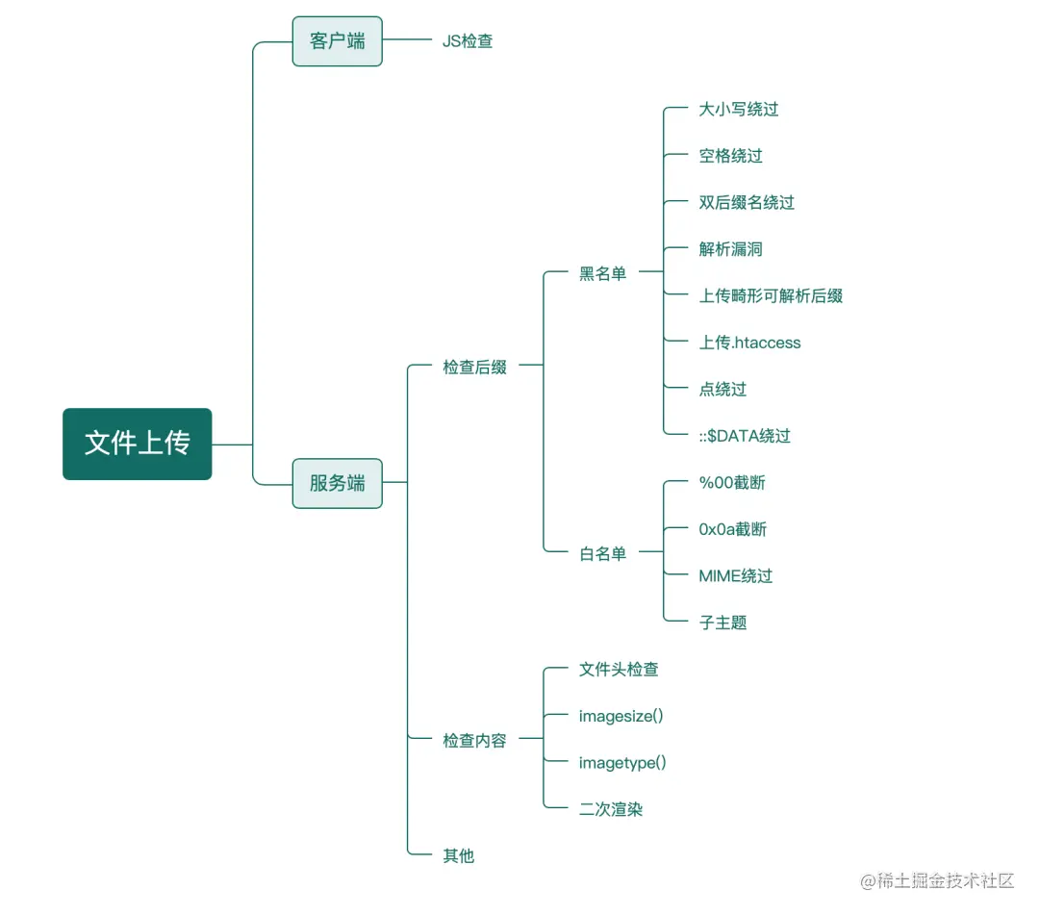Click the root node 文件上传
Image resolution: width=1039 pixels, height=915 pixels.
pos(137,444)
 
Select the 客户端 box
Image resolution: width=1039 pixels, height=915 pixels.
pos(337,41)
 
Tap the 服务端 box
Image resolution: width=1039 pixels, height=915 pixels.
pos(337,483)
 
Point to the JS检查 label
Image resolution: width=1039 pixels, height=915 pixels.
pos(468,41)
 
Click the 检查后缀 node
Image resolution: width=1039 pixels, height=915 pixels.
pos(474,367)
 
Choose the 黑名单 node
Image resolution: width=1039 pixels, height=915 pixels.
pos(602,274)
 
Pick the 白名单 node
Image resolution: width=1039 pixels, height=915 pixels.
pos(602,553)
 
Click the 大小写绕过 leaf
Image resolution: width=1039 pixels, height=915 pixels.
pos(738,110)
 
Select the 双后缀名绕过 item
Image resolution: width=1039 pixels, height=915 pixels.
pos(747,203)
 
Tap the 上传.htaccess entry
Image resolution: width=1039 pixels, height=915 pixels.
pos(749,343)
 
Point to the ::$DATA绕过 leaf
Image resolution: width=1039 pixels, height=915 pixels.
pos(745,436)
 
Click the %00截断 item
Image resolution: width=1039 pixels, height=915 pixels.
pos(732,483)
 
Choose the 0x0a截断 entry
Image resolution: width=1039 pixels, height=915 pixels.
pos(732,529)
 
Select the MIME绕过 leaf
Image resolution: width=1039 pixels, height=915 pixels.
pos(735,576)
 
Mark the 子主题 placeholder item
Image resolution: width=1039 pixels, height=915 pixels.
pos(722,623)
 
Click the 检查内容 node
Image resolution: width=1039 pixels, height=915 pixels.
pos(474,741)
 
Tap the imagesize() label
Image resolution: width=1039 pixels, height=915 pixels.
pos(621,716)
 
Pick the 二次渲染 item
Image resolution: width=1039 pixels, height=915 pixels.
pos(611,809)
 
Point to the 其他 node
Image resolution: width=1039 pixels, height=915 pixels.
pos(458,855)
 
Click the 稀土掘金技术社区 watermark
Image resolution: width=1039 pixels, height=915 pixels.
pos(938,880)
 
